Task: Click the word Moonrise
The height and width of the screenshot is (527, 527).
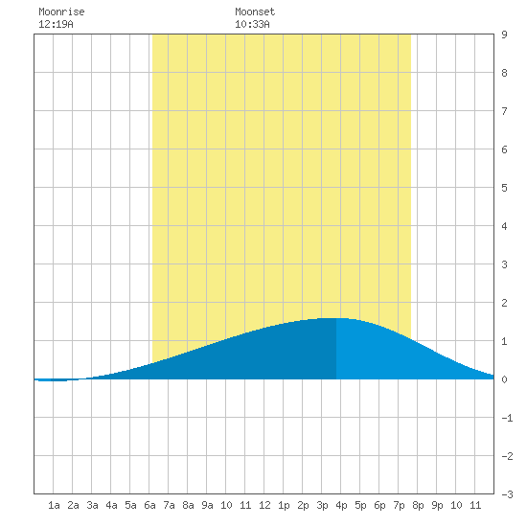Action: tap(61, 11)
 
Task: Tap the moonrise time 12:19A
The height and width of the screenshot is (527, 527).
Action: tap(56, 24)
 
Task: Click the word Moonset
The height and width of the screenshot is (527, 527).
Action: tap(255, 11)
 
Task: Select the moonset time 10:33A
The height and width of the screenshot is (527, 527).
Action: tap(252, 24)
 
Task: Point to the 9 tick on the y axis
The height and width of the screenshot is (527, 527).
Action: tap(504, 34)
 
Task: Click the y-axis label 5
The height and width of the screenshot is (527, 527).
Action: tap(504, 188)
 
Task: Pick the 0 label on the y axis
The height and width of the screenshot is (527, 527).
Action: tap(504, 379)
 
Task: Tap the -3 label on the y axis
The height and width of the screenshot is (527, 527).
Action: tap(507, 494)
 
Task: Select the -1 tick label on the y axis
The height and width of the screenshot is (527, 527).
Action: tap(507, 418)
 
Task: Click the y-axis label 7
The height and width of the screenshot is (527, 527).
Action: tap(504, 111)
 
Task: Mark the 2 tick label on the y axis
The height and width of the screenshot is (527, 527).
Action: tap(504, 303)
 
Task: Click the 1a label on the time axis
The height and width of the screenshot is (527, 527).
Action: tap(54, 505)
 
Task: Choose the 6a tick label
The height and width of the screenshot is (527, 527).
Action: tap(149, 505)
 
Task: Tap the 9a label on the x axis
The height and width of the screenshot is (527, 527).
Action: tap(207, 505)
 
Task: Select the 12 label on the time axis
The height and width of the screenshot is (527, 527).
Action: tap(264, 505)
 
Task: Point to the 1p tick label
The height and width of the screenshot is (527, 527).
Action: tap(284, 505)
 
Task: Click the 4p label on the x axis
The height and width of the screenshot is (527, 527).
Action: tap(341, 505)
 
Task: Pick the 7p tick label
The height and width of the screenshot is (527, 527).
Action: tap(399, 505)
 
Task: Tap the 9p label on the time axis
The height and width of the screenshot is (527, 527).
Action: tap(437, 505)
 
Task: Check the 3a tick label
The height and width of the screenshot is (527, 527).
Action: tap(92, 505)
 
